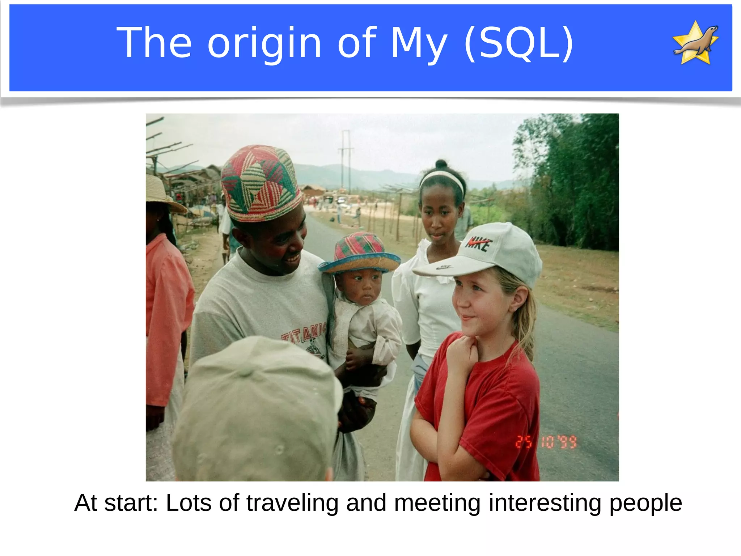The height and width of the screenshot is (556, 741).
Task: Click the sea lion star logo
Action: pos(695,43)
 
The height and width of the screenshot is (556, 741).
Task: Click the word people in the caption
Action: pos(645,504)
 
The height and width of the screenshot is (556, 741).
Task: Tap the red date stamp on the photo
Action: pos(546,442)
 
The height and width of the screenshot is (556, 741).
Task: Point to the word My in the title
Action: pos(419,44)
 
